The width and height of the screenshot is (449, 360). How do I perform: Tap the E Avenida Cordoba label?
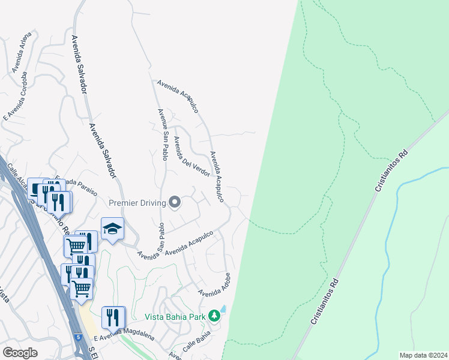[16, 97]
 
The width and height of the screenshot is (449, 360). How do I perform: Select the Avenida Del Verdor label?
[191, 156]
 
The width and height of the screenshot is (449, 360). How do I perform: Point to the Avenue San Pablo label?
[164, 134]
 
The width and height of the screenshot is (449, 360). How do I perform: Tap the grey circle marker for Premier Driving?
[175, 203]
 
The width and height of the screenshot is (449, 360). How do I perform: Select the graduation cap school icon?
[112, 229]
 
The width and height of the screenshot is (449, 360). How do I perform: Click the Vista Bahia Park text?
[175, 316]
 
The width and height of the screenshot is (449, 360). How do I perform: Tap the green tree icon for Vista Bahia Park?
[214, 316]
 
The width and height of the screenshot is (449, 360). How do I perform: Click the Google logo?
[20, 353]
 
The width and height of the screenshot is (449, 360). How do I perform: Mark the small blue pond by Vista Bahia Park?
[223, 309]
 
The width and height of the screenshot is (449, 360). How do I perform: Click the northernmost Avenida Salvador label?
[79, 63]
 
